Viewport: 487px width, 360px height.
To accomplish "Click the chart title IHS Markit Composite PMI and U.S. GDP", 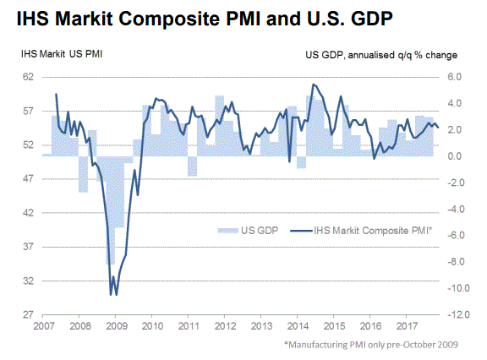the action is coord(205,19).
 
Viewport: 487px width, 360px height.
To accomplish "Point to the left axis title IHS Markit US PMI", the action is coord(62,54).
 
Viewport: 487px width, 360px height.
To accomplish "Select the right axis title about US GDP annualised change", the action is coord(381,55).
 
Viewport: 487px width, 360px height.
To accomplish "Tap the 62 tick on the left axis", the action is coord(28,77).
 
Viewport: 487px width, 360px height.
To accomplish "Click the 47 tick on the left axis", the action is coord(28,179).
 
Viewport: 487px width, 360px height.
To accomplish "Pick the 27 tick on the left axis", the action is coord(28,314).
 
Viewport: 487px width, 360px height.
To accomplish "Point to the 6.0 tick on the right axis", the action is coord(454,77).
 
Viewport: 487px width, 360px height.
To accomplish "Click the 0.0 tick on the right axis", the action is coord(454,156).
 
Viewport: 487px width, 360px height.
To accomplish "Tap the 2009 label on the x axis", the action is coord(117,326).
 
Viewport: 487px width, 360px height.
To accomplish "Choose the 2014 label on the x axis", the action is coord(298,326).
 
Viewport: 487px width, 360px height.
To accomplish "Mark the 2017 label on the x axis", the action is coord(407,326).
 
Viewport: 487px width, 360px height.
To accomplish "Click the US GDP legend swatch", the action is coord(228,231).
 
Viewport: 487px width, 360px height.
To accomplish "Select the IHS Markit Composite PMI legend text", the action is coord(373,231).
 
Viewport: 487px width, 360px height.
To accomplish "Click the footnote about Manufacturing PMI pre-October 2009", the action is coord(371,345).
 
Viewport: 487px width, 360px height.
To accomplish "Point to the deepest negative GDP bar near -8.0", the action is coord(111,210).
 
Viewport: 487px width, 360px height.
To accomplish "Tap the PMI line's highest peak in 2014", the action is coord(313,85).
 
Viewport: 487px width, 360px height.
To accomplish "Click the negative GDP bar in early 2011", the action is coord(192,166).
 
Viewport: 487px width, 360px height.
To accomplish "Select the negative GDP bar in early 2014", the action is coord(301,162).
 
